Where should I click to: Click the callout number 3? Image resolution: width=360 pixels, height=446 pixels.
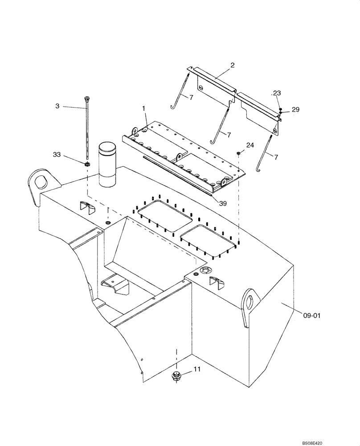57,106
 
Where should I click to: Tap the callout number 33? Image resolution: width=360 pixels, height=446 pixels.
57,155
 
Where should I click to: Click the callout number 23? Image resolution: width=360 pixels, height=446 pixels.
277,93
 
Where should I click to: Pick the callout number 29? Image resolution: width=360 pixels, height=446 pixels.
295,109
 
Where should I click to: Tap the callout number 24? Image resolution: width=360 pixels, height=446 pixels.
250,145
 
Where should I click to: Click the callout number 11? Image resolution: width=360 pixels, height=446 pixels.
196,370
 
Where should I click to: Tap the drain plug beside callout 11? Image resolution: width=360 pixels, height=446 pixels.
176,376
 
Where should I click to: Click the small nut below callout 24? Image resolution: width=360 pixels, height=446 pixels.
239,153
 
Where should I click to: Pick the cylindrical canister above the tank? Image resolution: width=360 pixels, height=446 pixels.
107,165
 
